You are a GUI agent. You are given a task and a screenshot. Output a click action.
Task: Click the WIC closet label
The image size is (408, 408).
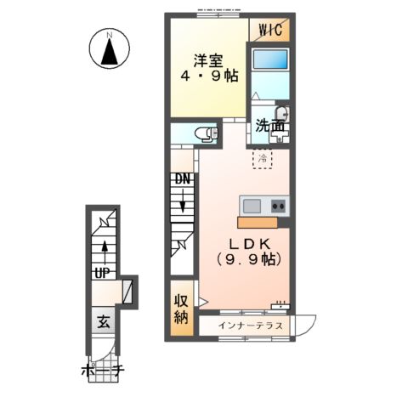tap(270, 30)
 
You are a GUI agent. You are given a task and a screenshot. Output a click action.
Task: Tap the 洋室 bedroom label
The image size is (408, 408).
tap(208, 60)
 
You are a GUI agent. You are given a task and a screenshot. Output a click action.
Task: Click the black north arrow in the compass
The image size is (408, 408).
tap(110, 52)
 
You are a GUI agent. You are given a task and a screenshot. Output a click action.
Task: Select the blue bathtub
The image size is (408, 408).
tap(270, 59)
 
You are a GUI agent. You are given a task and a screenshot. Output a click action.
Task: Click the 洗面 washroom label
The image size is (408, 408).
tap(270, 126)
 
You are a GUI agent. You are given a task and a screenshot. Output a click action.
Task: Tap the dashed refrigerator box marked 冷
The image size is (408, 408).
tap(262, 159)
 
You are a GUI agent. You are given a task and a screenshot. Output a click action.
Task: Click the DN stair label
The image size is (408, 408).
tap(183, 178)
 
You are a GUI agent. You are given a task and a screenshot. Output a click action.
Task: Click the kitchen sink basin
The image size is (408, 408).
tap(252, 206)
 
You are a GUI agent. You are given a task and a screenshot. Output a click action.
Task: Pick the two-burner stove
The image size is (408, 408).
tap(278, 206)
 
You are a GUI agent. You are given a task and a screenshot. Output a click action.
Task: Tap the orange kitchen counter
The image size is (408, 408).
tap(258, 223)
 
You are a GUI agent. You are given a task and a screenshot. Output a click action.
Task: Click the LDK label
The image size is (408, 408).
tap(249, 243)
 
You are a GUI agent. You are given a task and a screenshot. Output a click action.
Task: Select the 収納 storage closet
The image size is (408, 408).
tap(182, 309)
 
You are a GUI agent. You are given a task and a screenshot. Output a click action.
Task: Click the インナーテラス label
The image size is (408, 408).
tap(251, 326)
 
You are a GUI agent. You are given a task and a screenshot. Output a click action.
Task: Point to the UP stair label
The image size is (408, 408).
tap(102, 273)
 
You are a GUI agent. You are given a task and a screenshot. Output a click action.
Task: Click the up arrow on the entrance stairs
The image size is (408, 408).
tap(105, 254)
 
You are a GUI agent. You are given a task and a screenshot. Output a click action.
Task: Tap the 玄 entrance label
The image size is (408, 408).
tap(104, 322)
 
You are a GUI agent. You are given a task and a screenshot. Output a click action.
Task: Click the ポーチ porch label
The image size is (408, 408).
tap(103, 371)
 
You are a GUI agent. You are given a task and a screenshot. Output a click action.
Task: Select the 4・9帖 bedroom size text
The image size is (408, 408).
tap(209, 76)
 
